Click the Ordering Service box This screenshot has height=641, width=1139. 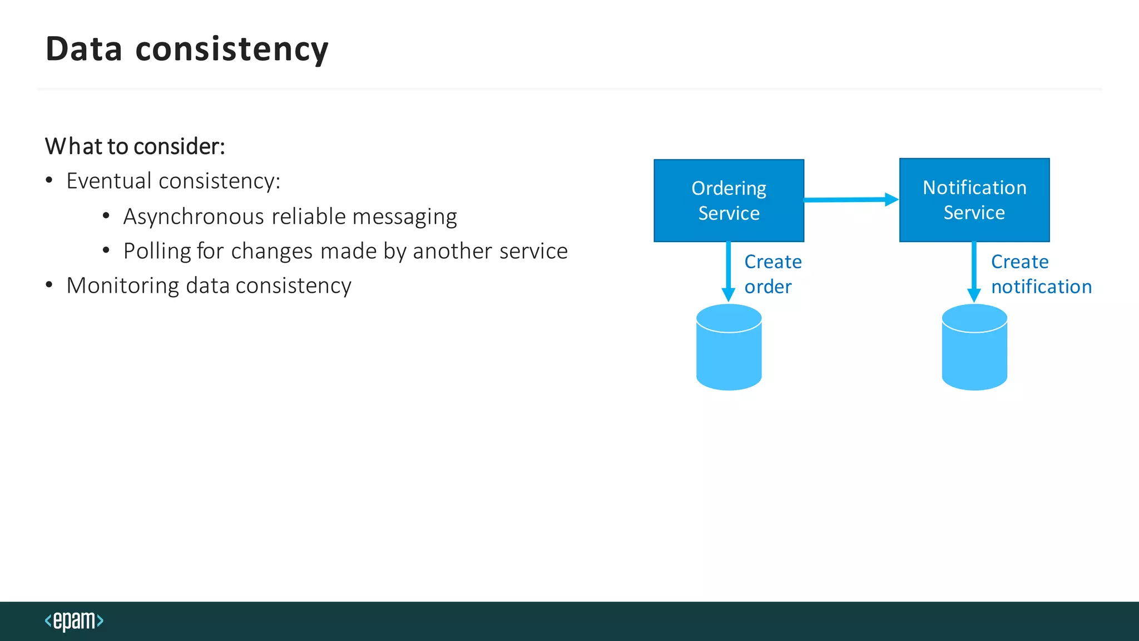(729, 200)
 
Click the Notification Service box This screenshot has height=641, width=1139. (974, 200)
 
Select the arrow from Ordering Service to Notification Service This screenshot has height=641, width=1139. (851, 199)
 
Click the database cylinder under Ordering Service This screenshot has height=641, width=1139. (729, 347)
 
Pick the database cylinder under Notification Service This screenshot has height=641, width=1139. (974, 347)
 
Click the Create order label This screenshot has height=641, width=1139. (772, 274)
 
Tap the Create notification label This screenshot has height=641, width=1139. (1041, 274)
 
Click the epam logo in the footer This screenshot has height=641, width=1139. (74, 620)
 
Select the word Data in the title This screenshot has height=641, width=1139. (83, 49)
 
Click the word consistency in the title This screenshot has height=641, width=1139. (232, 49)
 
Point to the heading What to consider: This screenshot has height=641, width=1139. (135, 146)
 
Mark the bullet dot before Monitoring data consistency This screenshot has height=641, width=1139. (49, 285)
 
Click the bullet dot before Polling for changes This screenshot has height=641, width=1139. (106, 251)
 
